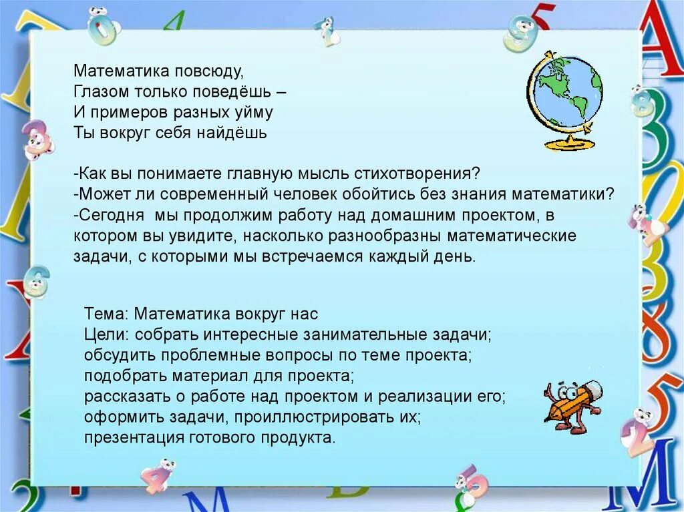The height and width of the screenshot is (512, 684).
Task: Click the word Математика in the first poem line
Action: point(113,70)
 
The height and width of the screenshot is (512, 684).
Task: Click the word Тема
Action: point(106,313)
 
